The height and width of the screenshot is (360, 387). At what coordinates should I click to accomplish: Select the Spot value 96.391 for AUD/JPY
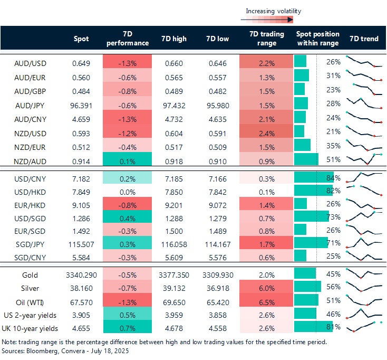coord(81,105)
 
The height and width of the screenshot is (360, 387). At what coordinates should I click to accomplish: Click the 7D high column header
coord(173,39)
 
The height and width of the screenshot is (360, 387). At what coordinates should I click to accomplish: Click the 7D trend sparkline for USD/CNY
coord(364,176)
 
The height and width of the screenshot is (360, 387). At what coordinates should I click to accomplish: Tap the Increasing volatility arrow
coord(267,20)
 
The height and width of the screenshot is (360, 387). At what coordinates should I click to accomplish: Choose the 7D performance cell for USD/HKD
coord(127,190)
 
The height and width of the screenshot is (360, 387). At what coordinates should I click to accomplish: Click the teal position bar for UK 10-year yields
coord(310,327)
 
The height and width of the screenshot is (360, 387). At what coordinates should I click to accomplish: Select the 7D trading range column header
coord(267,39)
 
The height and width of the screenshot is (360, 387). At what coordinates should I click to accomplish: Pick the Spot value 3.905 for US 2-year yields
coord(81,315)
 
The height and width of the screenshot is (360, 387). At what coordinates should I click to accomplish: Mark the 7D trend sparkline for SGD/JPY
coord(364,243)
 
